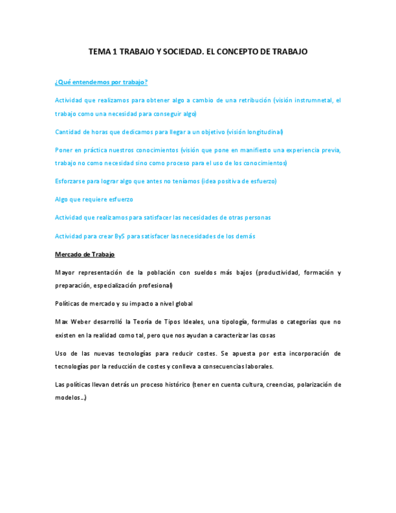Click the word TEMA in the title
[99, 52]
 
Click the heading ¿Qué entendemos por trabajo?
[102, 82]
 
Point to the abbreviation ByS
[120, 236]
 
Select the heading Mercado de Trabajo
[85, 255]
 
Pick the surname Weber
[83, 322]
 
